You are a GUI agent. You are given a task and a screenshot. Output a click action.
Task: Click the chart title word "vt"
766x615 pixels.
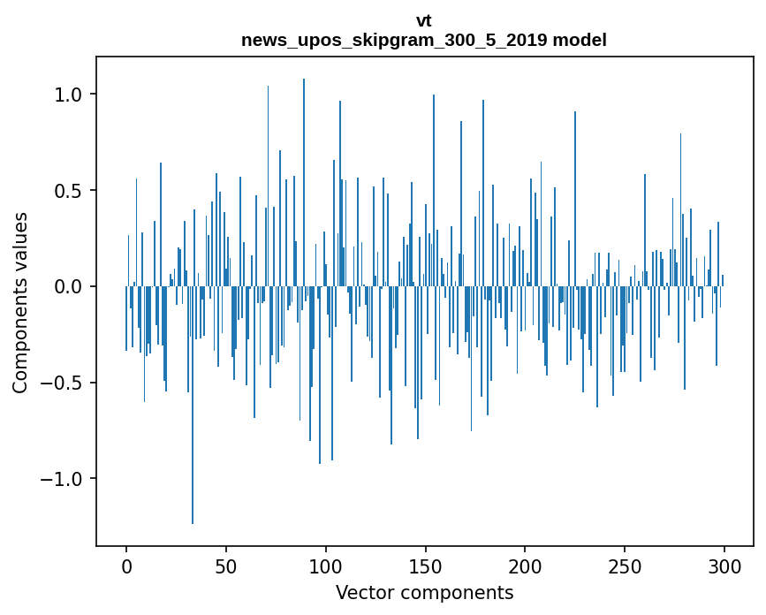[424, 21]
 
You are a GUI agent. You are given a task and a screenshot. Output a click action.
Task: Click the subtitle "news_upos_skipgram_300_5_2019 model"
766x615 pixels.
[424, 40]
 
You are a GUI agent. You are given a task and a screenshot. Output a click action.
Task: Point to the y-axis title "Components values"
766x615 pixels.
[20, 302]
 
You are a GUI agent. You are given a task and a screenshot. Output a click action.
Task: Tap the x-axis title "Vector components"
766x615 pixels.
[424, 592]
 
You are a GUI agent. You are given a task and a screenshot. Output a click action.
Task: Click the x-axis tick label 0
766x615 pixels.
[126, 566]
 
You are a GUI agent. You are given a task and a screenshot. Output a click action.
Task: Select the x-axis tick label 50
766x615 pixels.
[226, 566]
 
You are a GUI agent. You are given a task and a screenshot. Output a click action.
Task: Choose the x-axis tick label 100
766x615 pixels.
[326, 566]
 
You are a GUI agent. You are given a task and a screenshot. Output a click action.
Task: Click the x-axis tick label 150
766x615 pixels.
[426, 566]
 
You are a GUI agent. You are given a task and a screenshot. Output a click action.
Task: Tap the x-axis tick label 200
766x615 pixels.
[526, 566]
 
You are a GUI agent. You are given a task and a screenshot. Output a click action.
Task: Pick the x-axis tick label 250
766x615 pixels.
[625, 566]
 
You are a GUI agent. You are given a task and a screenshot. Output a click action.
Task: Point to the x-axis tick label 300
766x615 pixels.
[724, 566]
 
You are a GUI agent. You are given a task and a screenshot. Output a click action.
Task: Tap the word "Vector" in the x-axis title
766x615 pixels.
[362, 592]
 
